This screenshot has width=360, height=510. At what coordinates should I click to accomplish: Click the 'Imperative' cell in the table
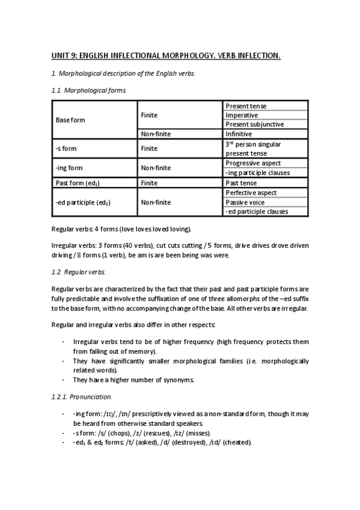click(242, 115)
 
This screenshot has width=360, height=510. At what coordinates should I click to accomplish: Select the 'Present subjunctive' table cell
click(254, 124)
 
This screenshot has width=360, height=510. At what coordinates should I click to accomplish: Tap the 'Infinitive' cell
click(239, 134)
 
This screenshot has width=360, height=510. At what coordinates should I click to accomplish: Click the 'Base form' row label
click(70, 120)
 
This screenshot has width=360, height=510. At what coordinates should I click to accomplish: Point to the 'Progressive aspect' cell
click(253, 163)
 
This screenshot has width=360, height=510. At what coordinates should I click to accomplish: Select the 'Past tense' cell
click(241, 182)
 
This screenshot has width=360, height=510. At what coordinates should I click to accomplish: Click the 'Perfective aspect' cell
click(251, 192)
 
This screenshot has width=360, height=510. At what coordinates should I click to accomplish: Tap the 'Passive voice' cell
click(245, 202)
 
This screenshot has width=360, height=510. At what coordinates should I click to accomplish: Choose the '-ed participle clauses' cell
click(257, 212)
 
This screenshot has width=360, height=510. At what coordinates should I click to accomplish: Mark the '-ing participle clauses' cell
click(257, 173)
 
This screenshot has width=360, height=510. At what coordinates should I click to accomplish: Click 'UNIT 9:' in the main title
click(66, 57)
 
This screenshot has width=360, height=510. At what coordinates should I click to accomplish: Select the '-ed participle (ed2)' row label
click(83, 202)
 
